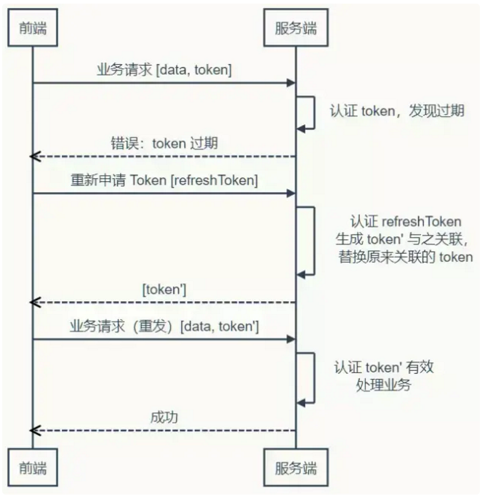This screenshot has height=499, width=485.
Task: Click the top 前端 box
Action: (x=33, y=28)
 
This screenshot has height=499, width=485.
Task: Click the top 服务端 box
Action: (x=296, y=28)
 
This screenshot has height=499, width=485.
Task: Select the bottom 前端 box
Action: (x=33, y=468)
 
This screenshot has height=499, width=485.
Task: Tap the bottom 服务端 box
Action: (x=296, y=468)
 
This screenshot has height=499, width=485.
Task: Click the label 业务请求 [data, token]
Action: (x=164, y=70)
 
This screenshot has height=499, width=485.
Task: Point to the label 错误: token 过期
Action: (x=164, y=143)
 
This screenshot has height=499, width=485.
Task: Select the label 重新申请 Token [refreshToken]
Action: (x=164, y=180)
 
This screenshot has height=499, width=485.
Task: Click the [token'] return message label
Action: (x=164, y=290)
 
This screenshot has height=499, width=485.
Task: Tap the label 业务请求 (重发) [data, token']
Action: (x=164, y=327)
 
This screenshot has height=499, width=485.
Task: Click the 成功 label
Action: (x=164, y=418)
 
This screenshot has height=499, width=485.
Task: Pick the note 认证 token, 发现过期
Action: (x=397, y=111)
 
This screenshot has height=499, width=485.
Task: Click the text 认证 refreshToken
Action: (x=406, y=221)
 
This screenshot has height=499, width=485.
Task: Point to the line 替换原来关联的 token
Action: (x=406, y=258)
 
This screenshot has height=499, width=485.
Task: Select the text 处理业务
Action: (x=383, y=386)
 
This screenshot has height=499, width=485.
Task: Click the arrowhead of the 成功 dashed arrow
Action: (x=35, y=431)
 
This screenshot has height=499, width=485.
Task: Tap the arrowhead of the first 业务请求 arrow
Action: (x=291, y=83)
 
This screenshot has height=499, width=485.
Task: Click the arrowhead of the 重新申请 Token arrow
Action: (x=291, y=193)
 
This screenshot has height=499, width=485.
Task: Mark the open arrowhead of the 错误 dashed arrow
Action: (x=35, y=156)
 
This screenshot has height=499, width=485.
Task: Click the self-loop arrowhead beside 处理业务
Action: (x=301, y=403)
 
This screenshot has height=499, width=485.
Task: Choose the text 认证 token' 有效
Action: (x=383, y=367)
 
